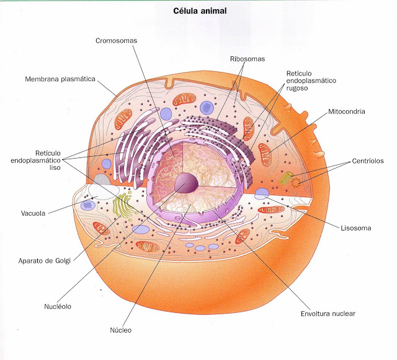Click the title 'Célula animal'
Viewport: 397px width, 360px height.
[200, 11]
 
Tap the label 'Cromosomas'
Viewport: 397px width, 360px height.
[116, 41]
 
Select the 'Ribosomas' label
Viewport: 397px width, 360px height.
[248, 59]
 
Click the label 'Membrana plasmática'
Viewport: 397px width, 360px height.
[60, 79]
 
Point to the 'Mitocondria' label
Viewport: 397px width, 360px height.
[346, 112]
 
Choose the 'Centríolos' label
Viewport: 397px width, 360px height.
[368, 161]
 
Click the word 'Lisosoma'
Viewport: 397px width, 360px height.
[355, 228]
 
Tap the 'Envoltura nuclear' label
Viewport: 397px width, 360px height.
[328, 314]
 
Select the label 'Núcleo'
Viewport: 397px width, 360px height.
[121, 330]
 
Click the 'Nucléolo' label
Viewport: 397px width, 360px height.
[58, 307]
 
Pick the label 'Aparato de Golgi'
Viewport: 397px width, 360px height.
[44, 261]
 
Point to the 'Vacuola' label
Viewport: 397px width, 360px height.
[33, 213]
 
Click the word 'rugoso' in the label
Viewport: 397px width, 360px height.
[297, 88]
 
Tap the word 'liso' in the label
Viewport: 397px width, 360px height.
[55, 167]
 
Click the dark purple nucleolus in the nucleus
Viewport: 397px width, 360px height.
[186, 183]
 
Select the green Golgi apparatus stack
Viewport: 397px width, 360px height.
[122, 206]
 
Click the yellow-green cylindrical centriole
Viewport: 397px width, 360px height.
[286, 178]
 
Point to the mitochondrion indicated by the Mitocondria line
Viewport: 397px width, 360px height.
[265, 154]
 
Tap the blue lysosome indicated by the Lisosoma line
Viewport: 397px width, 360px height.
[262, 194]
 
